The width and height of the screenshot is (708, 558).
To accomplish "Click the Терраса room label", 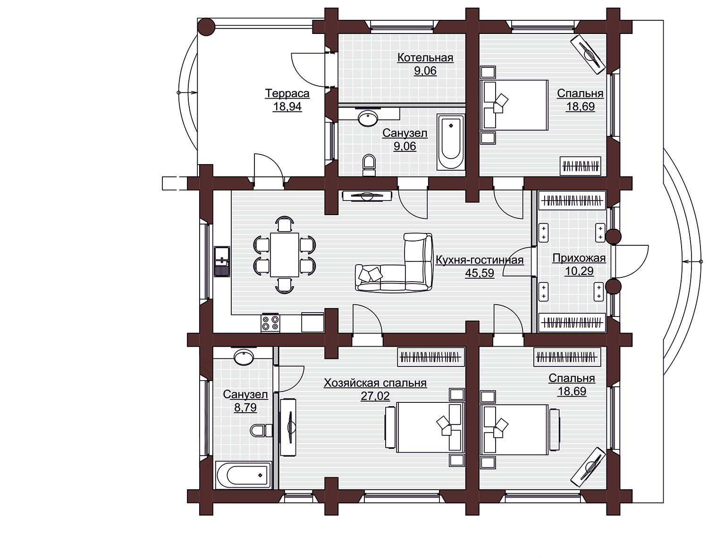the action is pos(287,93).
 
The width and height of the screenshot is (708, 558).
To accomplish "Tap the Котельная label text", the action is pos(425,58).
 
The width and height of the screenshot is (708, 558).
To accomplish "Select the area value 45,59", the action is pos(480,273).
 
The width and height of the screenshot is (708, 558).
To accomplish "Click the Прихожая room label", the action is pos(579,258).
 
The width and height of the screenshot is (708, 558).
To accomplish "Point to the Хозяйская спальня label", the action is pos(375,383).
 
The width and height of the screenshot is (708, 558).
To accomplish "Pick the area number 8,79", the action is pos(245,408).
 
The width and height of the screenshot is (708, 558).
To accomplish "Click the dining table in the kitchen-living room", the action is pos(285,255).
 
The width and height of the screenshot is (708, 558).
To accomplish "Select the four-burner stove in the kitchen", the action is pos(270,323).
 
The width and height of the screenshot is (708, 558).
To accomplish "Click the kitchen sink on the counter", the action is pos(222,261).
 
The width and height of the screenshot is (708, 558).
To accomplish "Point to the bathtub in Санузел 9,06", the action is pos(451,142).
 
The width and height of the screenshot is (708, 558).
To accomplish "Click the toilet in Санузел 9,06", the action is pos(369,166).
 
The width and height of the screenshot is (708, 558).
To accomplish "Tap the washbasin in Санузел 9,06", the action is pos(368,118).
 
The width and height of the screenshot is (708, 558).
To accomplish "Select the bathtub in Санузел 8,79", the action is pos(244,475).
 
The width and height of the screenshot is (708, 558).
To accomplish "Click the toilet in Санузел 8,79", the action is pos(261,430).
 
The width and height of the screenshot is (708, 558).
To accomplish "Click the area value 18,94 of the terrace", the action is pos(287,107).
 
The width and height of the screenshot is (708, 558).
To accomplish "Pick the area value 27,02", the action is pos(375,396).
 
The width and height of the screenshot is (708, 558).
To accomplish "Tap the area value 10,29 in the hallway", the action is pos(579,271).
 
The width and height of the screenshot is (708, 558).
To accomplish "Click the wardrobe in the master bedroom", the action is pos(430,357).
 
